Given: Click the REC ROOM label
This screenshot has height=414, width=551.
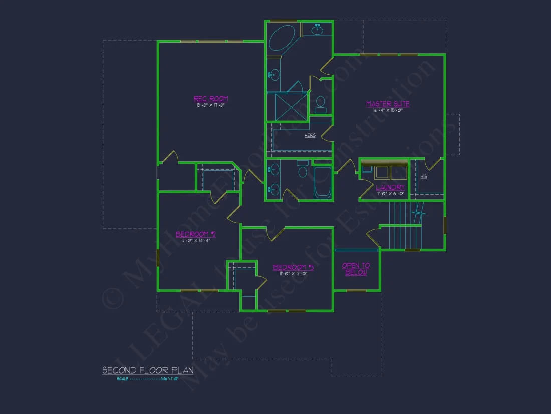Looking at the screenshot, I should point(211,99).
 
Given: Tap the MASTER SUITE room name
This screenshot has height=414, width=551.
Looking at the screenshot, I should point(388,104).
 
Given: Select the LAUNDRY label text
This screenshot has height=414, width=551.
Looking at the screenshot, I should point(390,187).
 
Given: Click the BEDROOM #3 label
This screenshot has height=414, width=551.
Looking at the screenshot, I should point(293,267).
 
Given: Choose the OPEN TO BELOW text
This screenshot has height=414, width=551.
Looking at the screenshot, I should point(356,269).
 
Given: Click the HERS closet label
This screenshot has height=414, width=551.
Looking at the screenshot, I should point(310,135).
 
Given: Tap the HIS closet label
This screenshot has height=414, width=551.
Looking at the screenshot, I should point(424,177).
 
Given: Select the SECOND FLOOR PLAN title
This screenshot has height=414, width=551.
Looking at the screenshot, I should point(148,371).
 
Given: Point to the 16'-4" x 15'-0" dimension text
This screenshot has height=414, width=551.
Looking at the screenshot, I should point(388,110).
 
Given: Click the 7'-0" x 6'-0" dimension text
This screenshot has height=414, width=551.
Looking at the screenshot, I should point(390,193).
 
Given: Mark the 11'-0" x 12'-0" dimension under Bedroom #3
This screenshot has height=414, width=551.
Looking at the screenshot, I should point(293,274).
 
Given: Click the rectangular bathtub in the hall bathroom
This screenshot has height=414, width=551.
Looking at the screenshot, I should point(322,183).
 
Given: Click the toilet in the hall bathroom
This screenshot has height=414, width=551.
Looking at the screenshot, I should point(303,171).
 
